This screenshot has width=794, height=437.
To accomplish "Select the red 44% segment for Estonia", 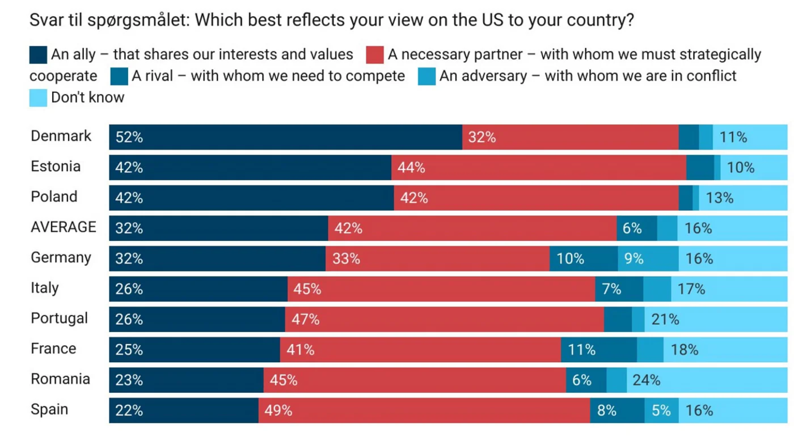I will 539,168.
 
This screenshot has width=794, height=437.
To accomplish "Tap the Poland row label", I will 54,197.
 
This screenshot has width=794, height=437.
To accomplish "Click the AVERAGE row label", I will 63,227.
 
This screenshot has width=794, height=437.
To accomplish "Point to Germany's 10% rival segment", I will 584,258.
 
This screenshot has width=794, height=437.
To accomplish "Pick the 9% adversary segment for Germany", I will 648,258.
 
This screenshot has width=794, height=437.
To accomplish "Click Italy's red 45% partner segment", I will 441,289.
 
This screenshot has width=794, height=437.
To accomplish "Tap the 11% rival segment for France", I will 599,350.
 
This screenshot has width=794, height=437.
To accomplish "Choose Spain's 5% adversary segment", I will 661,410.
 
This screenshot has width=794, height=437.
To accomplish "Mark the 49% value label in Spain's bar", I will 278,410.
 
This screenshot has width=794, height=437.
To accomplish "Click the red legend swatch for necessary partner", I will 375,55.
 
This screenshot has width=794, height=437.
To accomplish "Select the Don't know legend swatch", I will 38,97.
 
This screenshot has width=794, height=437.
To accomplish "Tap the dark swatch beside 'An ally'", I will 38,55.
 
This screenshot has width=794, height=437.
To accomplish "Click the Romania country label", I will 60,379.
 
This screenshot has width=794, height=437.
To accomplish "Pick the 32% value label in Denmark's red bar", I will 482,137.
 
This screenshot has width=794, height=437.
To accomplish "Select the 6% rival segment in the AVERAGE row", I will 637,228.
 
